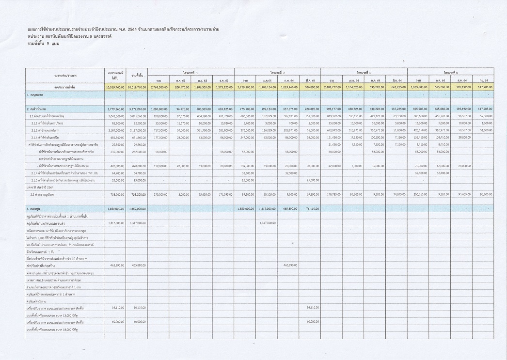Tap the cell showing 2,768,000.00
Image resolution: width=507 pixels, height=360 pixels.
tap(158, 87)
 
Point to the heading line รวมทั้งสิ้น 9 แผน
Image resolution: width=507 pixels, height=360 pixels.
tap(43, 44)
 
